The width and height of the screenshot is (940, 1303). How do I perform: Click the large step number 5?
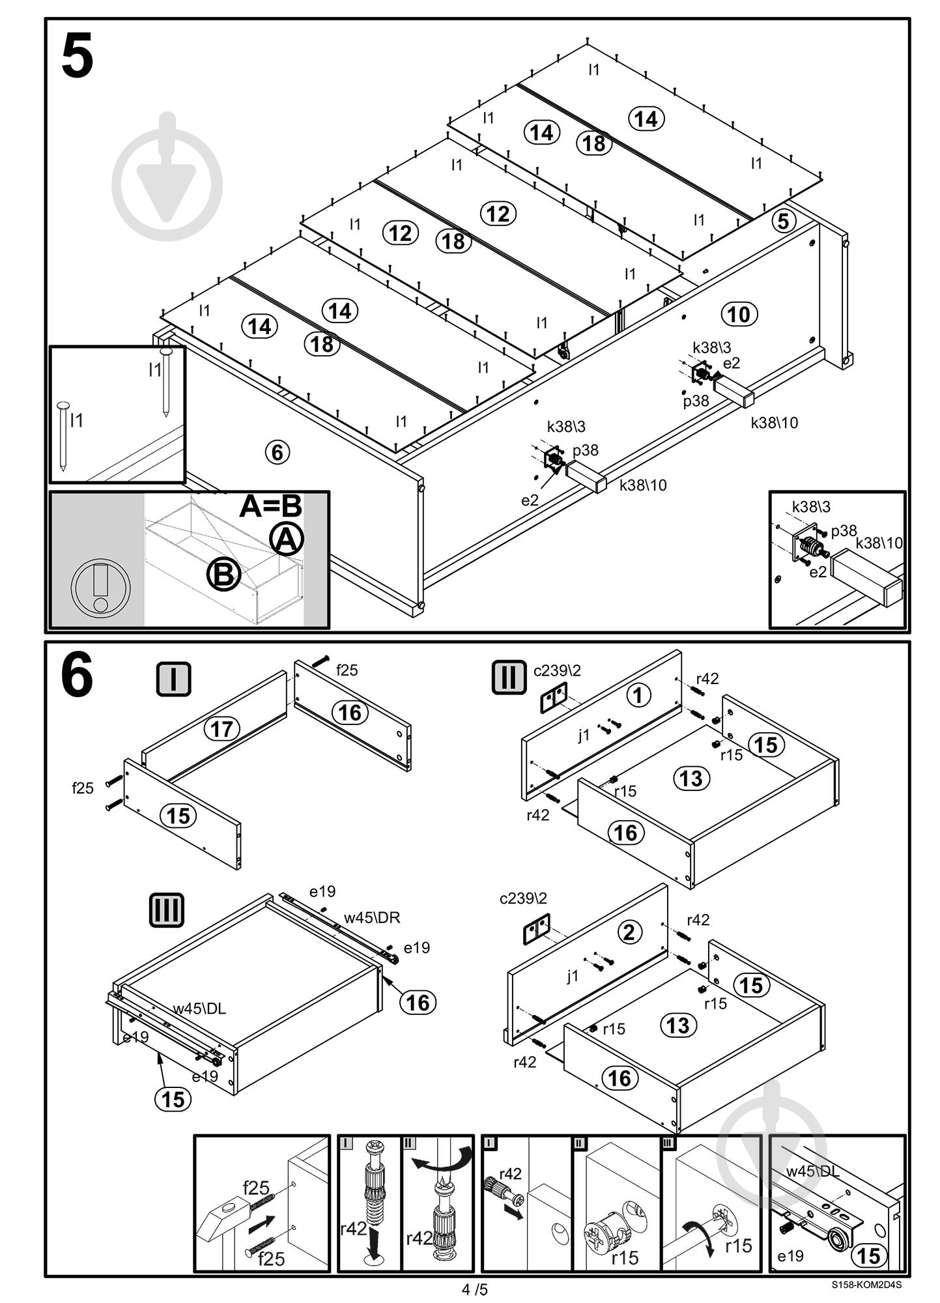pyautogui.click(x=78, y=57)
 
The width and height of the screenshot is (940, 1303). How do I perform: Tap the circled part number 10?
pyautogui.click(x=739, y=315)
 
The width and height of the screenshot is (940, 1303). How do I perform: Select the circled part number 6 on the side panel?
pyautogui.click(x=277, y=451)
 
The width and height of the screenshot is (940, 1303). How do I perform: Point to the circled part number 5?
pyautogui.click(x=783, y=221)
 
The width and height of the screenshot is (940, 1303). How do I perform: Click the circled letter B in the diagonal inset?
pyautogui.click(x=223, y=574)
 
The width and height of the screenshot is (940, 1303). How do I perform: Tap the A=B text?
pyautogui.click(x=270, y=506)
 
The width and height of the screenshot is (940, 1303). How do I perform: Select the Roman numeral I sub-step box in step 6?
pyautogui.click(x=173, y=679)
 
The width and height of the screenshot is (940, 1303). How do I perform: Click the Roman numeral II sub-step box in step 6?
pyautogui.click(x=509, y=678)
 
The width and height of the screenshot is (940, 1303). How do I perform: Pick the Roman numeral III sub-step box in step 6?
pyautogui.click(x=166, y=910)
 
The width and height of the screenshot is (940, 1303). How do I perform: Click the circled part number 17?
pyautogui.click(x=222, y=728)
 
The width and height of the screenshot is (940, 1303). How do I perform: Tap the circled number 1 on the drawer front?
pyautogui.click(x=638, y=694)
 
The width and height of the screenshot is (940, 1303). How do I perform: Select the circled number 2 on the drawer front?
pyautogui.click(x=629, y=932)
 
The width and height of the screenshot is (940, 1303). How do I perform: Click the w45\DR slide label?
pyautogui.click(x=371, y=918)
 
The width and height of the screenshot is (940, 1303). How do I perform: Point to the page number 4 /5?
pyautogui.click(x=474, y=1289)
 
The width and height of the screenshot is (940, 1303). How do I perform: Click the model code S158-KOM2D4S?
pyautogui.click(x=866, y=1285)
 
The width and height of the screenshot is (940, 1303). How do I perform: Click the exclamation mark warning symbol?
pyautogui.click(x=100, y=588)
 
